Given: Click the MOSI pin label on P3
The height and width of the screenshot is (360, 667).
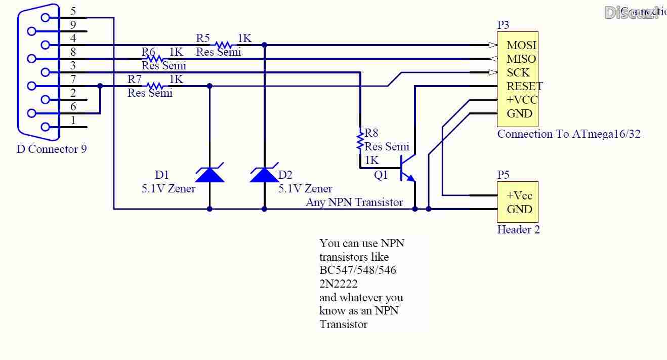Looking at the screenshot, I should (521, 46).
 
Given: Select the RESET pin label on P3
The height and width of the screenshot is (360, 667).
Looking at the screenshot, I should (524, 87).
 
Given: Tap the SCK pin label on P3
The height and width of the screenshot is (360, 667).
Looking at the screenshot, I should (518, 73).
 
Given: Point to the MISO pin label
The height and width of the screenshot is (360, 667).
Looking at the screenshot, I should (521, 59).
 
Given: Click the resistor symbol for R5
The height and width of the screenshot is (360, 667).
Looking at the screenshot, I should (223, 45).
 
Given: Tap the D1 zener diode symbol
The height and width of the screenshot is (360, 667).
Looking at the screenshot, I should (210, 174).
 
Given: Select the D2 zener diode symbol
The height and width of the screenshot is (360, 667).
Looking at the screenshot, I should (264, 174).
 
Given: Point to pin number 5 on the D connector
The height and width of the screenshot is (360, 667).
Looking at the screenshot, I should (73, 11).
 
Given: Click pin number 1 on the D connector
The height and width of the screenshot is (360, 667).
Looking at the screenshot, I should (73, 121).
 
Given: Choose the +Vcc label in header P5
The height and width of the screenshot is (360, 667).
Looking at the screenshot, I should (519, 196).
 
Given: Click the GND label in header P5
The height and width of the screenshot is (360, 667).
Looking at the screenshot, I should (519, 210).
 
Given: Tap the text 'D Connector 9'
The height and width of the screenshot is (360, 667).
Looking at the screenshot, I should (52, 149).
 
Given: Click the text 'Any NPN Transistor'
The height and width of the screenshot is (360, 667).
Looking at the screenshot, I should (354, 203).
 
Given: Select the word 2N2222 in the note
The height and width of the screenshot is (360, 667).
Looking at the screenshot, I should (338, 284).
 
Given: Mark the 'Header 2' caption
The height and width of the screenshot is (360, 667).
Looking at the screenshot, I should (518, 230).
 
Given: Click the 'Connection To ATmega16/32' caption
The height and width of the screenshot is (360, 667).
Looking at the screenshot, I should (568, 134).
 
